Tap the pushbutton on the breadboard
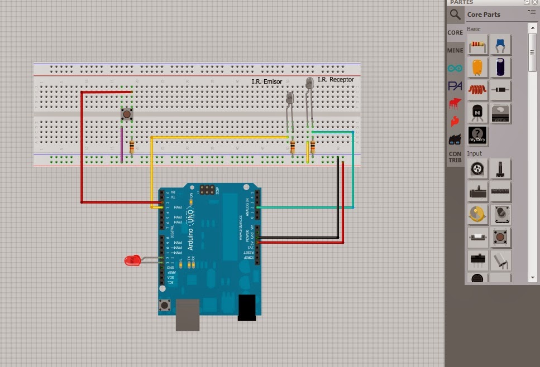(127, 114)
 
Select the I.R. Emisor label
(266, 82)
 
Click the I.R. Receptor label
(336, 80)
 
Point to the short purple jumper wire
(121, 144)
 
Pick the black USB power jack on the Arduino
(246, 307)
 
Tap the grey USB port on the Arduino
(188, 315)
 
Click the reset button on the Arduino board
(165, 306)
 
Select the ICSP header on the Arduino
(208, 190)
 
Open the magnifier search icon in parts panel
(456, 15)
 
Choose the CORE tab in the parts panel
(455, 32)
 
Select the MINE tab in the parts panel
(455, 50)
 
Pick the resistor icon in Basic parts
(477, 44)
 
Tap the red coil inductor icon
(477, 90)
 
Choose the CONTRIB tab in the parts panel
(455, 157)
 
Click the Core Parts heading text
(484, 15)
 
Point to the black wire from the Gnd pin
(337, 201)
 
